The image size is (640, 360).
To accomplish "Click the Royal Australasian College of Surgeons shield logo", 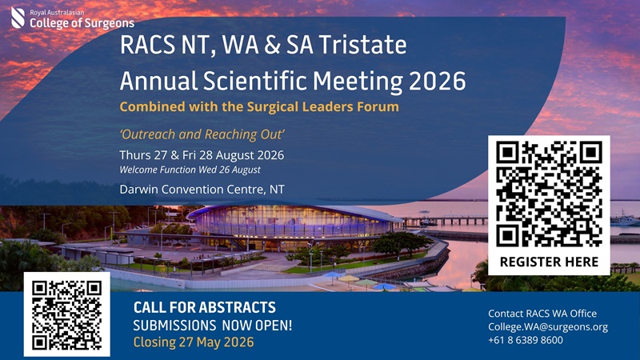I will click(18, 16).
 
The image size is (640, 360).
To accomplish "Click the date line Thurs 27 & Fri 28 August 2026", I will click(202, 154).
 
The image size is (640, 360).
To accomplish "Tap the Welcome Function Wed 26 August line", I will click(190, 170).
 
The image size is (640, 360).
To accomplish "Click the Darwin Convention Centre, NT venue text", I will click(202, 190).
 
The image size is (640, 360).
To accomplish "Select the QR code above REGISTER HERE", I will click(549, 192).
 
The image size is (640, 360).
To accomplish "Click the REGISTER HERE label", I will click(549, 262).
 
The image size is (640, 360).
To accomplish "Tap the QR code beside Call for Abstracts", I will click(66, 314).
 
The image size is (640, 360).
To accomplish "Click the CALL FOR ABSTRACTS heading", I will click(204, 307).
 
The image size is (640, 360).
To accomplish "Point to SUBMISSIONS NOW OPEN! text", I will click(212, 326).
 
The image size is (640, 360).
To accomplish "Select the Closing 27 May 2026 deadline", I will click(193, 343).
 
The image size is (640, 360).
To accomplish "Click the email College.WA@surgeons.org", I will click(548, 326).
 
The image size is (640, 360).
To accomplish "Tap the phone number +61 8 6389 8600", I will click(525, 340).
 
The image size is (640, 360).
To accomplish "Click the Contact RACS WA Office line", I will click(542, 313).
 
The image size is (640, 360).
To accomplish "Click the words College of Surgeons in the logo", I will click(82, 23).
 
